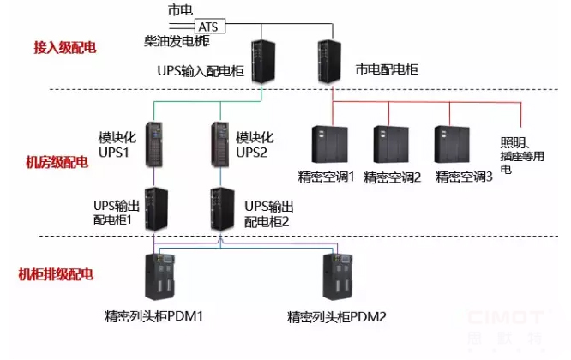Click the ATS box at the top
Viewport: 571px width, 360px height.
coord(210,27)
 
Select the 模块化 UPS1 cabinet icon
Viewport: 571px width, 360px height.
coord(154,143)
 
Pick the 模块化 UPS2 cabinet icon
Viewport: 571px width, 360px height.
coord(220,143)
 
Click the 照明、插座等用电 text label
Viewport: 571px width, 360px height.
coord(520,155)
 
